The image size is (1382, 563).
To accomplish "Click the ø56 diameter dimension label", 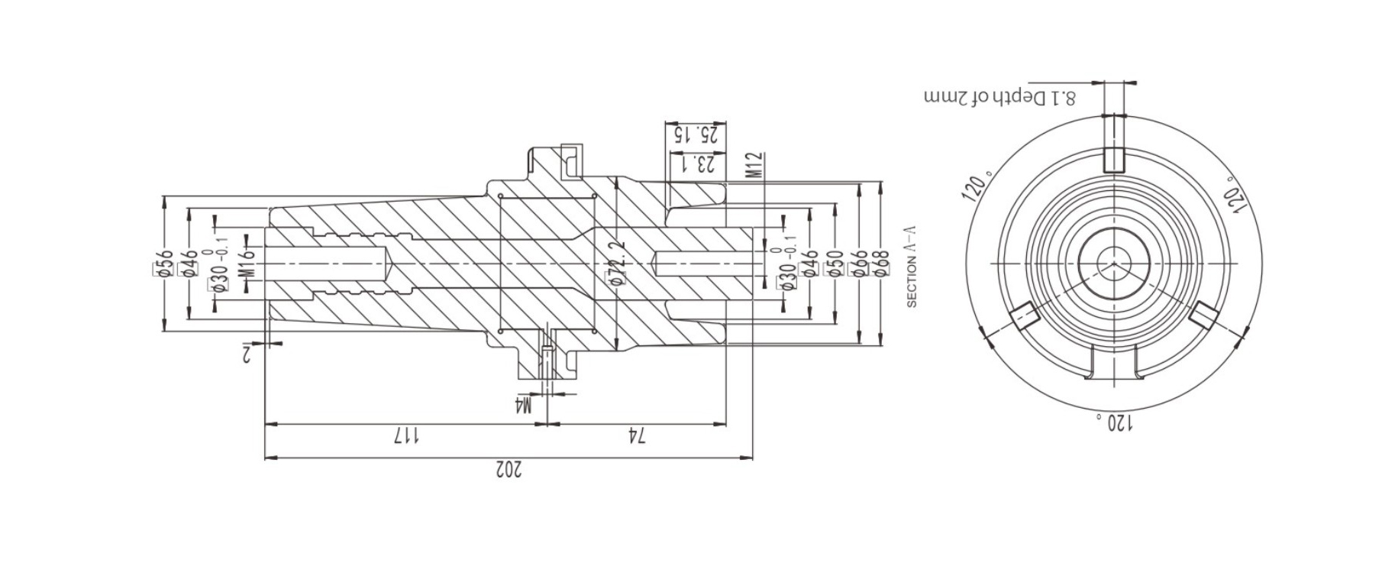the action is tap(163, 264).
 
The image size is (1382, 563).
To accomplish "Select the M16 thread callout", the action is tap(246, 263).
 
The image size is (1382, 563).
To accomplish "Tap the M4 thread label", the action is tap(523, 404).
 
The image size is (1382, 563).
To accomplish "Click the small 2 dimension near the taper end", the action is tap(247, 353).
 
